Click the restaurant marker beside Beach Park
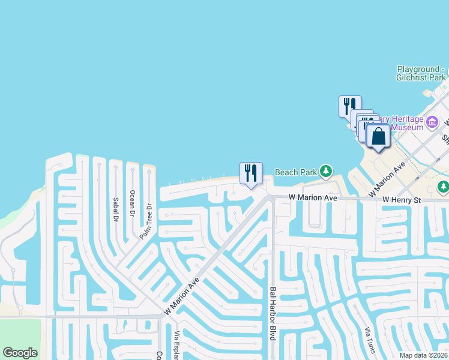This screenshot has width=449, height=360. click(x=251, y=173)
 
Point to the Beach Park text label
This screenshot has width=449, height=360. click(x=295, y=172)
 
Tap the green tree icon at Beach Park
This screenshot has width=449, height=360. click(x=325, y=172)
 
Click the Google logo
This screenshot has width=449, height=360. click(x=20, y=353)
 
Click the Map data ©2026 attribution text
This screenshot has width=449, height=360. click(x=424, y=355)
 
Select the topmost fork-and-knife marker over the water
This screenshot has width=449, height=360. click(x=349, y=106)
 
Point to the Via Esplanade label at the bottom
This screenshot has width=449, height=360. click(x=176, y=346)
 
